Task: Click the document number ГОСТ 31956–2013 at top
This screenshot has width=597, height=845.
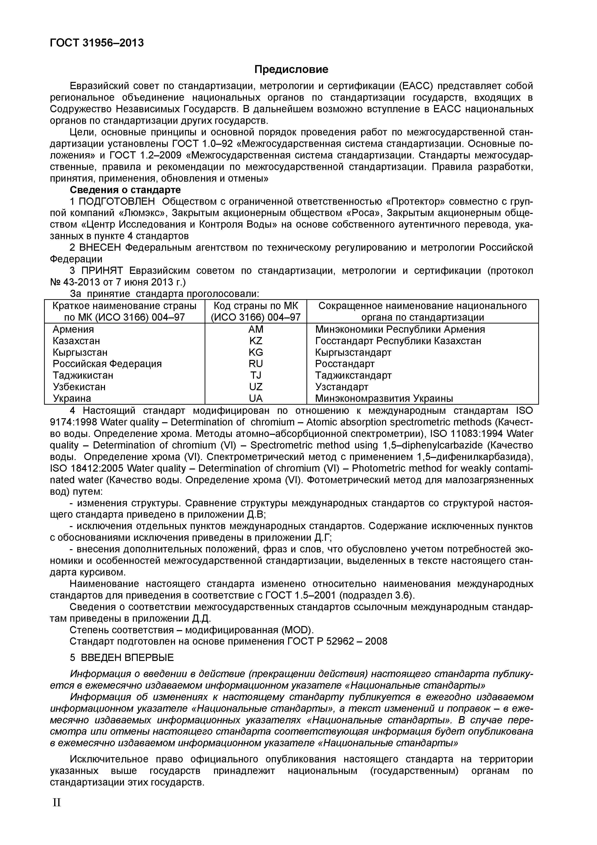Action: coord(96,43)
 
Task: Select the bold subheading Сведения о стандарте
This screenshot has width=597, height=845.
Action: coord(125,190)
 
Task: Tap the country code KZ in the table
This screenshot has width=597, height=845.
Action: coord(256,341)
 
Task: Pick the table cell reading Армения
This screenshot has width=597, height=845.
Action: coord(73,329)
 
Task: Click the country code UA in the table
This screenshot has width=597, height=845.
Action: coord(256,398)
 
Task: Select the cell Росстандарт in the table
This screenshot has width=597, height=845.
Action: coord(345,364)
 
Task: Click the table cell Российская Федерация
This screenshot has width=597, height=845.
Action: coord(107,364)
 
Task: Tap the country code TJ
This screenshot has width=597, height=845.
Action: coord(256,375)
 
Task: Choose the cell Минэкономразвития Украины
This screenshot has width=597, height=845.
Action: coord(384,398)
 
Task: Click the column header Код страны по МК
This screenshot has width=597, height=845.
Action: coord(256,306)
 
